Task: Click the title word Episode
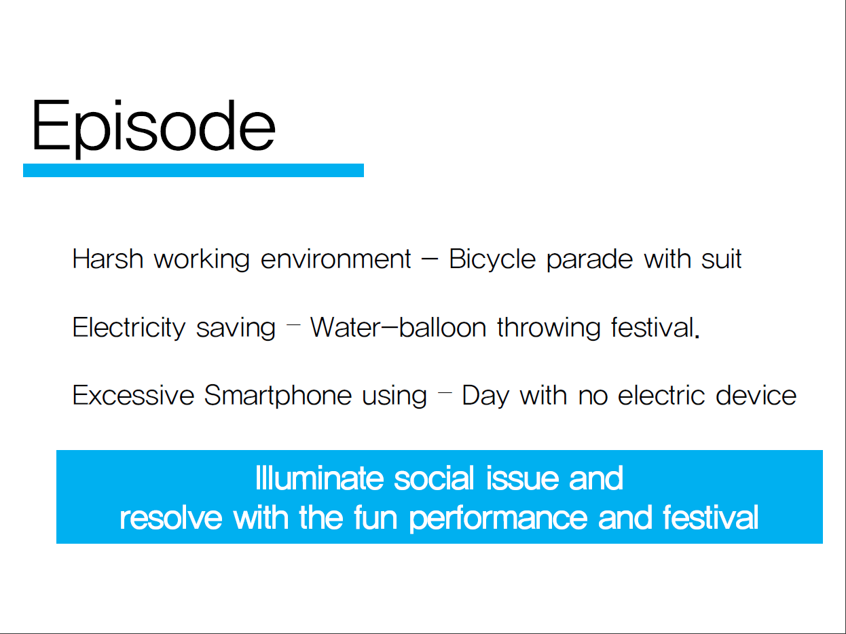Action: click(x=153, y=128)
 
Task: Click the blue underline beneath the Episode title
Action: click(x=194, y=170)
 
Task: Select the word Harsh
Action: click(x=108, y=259)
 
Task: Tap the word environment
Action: click(x=336, y=259)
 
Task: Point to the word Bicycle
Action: click(x=492, y=259)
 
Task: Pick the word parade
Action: click(x=590, y=259)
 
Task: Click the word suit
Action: click(x=722, y=259)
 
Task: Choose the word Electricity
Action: click(x=129, y=328)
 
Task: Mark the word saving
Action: click(x=236, y=328)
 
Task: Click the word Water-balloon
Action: click(x=399, y=327)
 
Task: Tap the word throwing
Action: click(x=549, y=328)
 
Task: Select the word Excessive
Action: click(x=133, y=395)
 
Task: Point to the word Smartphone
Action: click(x=278, y=396)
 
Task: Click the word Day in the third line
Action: click(x=485, y=396)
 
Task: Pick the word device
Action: click(x=756, y=395)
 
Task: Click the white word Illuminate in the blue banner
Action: click(x=320, y=479)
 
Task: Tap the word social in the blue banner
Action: click(x=434, y=479)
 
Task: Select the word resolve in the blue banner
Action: click(x=170, y=518)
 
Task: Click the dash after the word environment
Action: click(x=430, y=259)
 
